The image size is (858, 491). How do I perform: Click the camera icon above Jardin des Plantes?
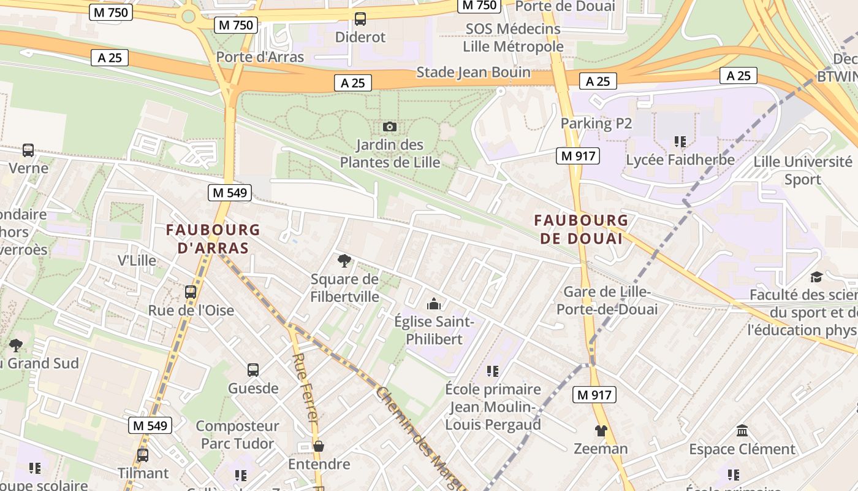click(x=389, y=127)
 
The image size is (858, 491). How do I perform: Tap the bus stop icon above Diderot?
click(x=360, y=19)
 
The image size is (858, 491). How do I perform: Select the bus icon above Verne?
click(x=28, y=150)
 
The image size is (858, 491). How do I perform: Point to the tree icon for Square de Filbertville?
click(x=344, y=261)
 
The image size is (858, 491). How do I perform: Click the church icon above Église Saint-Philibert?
click(x=434, y=303)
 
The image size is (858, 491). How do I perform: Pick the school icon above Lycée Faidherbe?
click(x=680, y=142)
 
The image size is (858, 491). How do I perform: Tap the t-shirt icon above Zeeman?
click(x=601, y=431)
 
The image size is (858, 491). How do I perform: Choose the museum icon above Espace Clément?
click(x=742, y=430)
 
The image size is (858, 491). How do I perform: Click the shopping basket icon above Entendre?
click(x=318, y=446)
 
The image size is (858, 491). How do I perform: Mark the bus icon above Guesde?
click(x=253, y=369)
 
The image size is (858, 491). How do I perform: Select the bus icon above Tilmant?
click(x=143, y=455)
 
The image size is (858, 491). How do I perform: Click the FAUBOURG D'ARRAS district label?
click(x=213, y=239)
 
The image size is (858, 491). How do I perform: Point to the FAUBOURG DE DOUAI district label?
click(x=581, y=229)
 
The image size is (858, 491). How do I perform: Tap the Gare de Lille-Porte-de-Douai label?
click(x=607, y=300)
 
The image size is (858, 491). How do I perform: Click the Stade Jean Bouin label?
click(x=474, y=72)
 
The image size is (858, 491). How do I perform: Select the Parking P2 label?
click(x=596, y=123)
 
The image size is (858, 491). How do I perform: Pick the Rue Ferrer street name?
click(x=305, y=387)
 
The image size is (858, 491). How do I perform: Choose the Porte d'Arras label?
click(x=260, y=57)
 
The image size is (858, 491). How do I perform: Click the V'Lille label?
click(x=137, y=260)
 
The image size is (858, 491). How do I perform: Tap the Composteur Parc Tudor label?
click(x=237, y=435)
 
